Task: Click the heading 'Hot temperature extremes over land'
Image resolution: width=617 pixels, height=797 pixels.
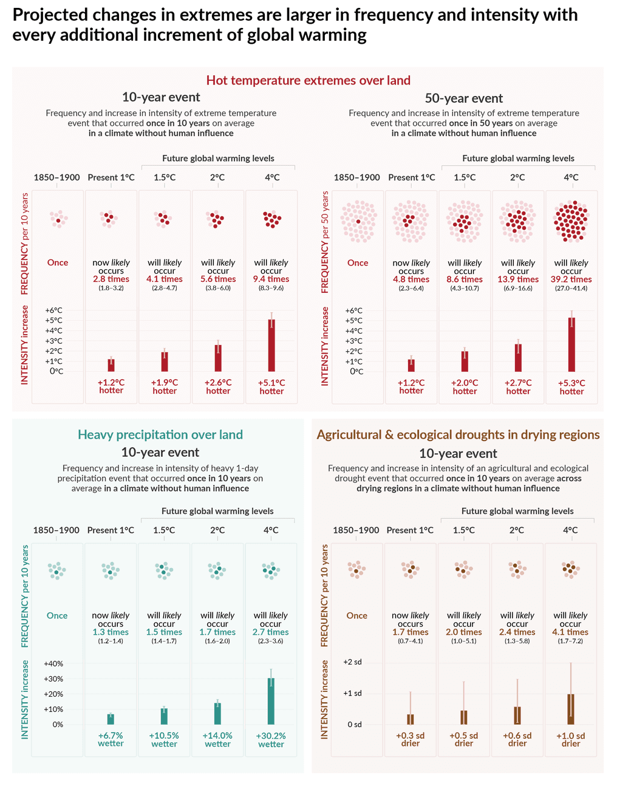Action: tap(308, 80)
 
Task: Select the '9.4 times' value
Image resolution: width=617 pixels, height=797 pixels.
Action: tap(271, 279)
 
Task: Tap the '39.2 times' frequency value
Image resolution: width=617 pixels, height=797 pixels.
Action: tap(571, 279)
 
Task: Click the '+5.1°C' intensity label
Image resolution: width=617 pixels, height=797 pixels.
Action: tap(271, 383)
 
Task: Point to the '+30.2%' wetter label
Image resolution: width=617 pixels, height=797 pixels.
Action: tap(271, 736)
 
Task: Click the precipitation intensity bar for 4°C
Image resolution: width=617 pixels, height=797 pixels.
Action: tap(271, 701)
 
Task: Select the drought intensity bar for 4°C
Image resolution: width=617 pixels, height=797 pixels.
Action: tap(571, 709)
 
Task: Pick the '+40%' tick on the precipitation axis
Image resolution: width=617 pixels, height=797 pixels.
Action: tap(53, 663)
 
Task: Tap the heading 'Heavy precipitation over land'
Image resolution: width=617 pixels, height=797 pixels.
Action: tap(160, 435)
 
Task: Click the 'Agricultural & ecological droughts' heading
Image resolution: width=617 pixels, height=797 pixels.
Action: tap(458, 435)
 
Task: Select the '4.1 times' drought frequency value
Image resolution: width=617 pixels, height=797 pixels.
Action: tap(571, 632)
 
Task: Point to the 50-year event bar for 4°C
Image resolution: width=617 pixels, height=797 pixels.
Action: tap(571, 344)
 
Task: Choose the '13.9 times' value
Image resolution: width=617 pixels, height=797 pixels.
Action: tap(518, 279)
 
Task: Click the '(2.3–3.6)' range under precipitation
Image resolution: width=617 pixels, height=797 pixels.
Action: tap(271, 641)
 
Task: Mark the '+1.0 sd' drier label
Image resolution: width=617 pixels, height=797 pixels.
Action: tap(571, 736)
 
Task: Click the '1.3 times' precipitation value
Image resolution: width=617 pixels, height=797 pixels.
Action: tap(111, 632)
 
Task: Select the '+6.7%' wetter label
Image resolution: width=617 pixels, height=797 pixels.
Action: tap(111, 736)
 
